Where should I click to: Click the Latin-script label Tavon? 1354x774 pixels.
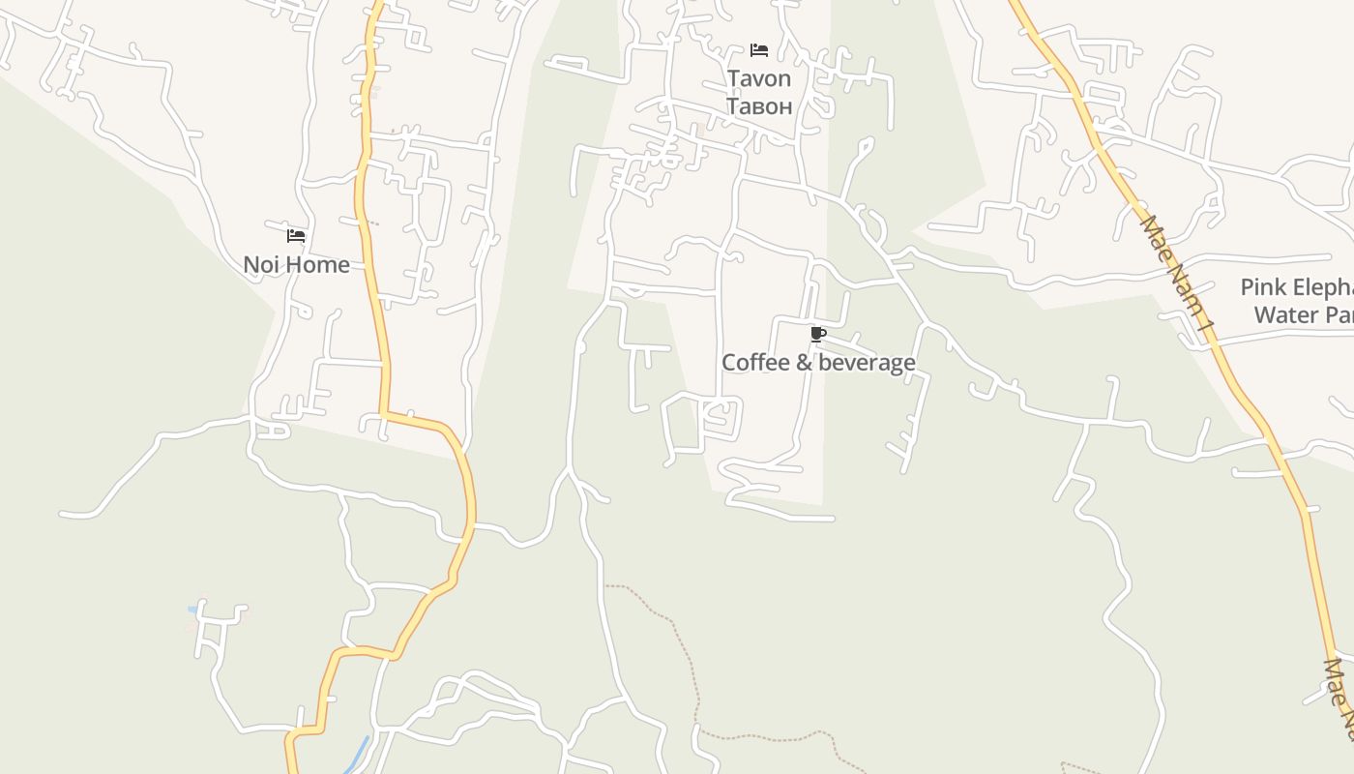pyautogui.click(x=758, y=78)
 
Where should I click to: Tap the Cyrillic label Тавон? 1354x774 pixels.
pyautogui.click(x=758, y=105)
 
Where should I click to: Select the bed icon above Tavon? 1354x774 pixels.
pyautogui.click(x=759, y=50)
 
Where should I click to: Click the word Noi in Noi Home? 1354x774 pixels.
pyautogui.click(x=261, y=264)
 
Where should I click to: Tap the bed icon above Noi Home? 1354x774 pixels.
pyautogui.click(x=296, y=235)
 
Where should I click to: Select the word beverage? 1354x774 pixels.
pyautogui.click(x=865, y=363)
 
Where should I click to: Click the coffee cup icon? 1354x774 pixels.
pyautogui.click(x=817, y=336)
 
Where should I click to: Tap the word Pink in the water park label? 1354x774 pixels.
pyautogui.click(x=1261, y=287)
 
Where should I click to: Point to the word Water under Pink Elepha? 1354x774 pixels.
pyautogui.click(x=1285, y=314)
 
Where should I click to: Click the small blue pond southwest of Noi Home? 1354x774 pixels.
pyautogui.click(x=193, y=610)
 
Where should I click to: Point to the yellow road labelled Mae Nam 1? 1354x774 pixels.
pyautogui.click(x=1248, y=397)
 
